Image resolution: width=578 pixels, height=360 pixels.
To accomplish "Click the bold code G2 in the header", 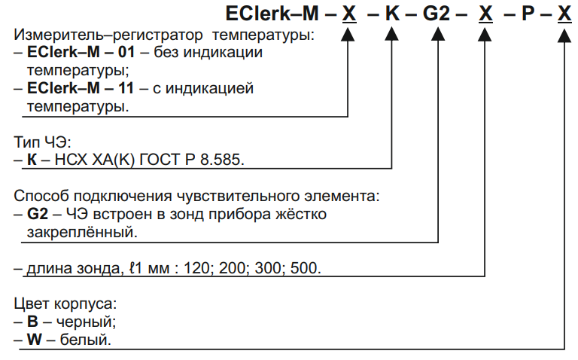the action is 437,14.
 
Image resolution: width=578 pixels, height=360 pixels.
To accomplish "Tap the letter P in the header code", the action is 528,14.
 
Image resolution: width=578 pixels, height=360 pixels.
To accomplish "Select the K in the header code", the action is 392,14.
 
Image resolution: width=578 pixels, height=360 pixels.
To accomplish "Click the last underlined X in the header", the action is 564,14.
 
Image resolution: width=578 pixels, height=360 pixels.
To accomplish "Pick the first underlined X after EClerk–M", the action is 349,14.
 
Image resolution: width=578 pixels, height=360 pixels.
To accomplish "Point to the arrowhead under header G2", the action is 438,35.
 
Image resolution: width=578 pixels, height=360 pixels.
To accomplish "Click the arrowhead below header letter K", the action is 391,35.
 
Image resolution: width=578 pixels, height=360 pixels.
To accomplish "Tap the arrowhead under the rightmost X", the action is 564,36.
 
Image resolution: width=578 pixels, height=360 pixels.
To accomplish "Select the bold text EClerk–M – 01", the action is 81,52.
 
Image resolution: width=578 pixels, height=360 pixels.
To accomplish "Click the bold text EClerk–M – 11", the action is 81,88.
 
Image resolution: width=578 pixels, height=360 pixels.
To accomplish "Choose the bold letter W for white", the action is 35,340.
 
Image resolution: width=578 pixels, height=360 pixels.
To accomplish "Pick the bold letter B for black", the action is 32,322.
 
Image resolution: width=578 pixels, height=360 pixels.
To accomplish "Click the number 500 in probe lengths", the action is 306,268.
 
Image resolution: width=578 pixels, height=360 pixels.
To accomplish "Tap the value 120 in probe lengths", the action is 199,268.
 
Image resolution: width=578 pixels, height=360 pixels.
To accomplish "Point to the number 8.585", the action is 222,160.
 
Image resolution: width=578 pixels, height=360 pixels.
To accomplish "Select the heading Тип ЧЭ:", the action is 42,142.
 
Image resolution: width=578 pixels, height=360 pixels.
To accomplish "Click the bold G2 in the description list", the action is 38,214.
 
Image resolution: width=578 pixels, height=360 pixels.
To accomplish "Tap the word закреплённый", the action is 82,233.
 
